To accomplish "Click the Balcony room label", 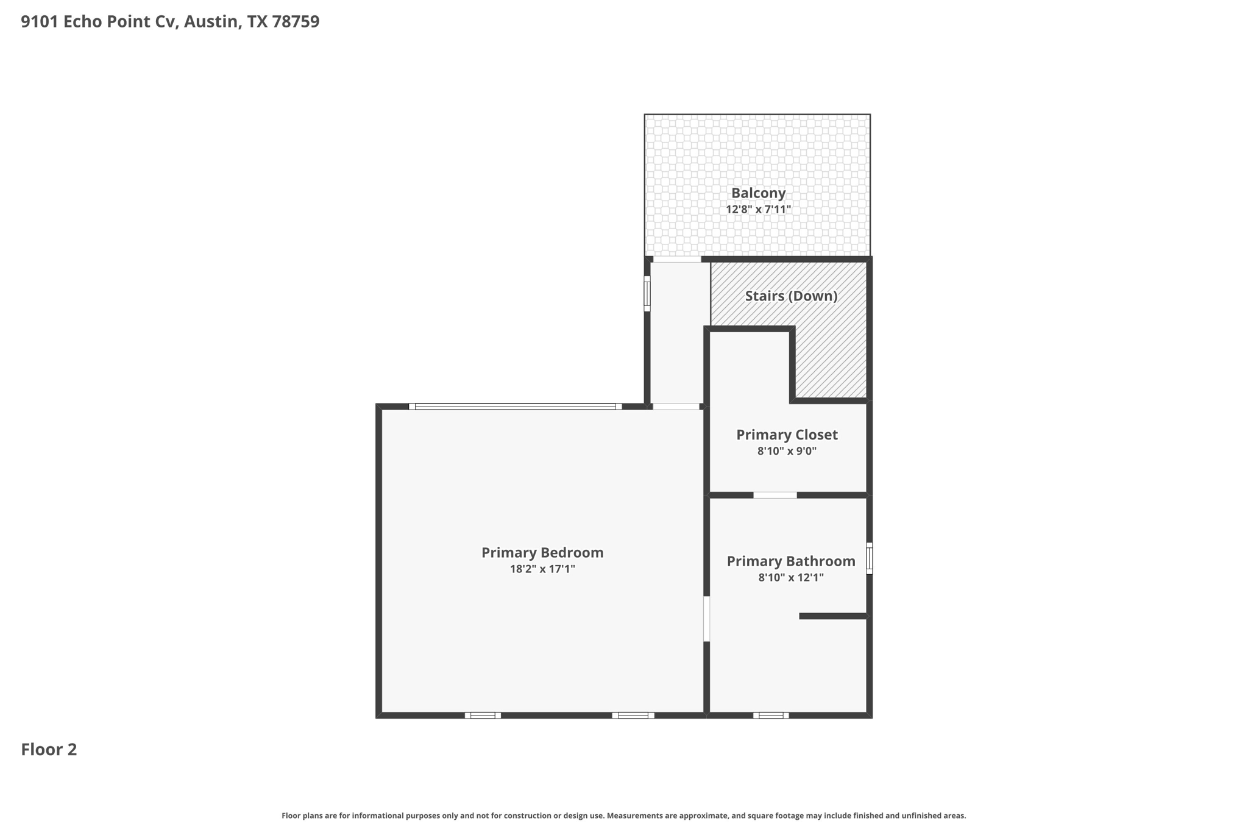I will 758,193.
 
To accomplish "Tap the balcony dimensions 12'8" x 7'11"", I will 758,210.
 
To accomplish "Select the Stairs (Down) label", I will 791,296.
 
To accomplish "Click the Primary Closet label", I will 787,435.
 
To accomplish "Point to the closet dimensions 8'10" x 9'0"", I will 787,452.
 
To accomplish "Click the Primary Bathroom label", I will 791,561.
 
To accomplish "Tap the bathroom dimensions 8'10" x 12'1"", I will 791,578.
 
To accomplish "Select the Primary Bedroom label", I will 542,553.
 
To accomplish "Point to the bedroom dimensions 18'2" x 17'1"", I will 542,569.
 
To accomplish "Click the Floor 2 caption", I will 49,750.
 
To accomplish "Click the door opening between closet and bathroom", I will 775,495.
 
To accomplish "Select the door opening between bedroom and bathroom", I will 706,619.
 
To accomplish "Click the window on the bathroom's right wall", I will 870,558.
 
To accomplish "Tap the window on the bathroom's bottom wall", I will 771,716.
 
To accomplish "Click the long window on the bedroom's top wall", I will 515,407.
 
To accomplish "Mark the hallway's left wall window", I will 647,294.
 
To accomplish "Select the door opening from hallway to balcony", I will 676,260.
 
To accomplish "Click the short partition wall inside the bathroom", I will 833,616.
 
